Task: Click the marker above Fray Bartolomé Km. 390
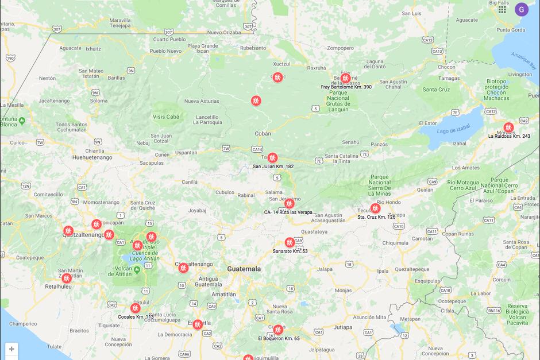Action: coord(345,78)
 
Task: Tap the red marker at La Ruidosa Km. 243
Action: coord(508,127)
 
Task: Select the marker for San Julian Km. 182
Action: coord(272,157)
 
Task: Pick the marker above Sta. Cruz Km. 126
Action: coord(375,208)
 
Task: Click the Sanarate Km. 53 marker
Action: coord(290,242)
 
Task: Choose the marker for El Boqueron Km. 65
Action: coord(278,330)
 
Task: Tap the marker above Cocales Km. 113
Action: coord(136,308)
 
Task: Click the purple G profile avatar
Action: coord(521,9)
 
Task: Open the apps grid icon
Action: coord(502,9)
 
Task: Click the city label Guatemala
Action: coord(244,269)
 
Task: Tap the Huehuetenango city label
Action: coord(92,157)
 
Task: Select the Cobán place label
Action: coord(263,133)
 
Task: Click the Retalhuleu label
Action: coord(57,286)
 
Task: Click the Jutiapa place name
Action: coord(342,327)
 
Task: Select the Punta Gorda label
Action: coord(511,30)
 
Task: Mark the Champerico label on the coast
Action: coord(23,324)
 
